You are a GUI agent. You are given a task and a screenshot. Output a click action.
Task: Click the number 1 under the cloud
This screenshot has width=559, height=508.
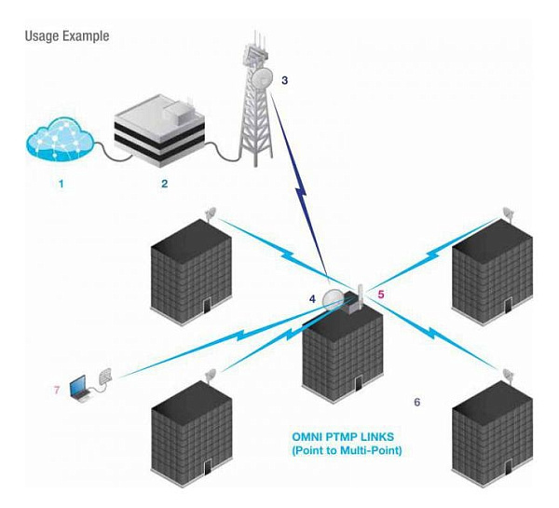coord(61,184)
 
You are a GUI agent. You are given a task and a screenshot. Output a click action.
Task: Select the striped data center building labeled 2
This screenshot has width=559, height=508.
coord(164,131)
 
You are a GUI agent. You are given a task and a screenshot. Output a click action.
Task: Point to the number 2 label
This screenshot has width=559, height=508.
coord(164,184)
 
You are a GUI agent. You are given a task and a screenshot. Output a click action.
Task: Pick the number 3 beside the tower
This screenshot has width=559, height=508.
coord(285,80)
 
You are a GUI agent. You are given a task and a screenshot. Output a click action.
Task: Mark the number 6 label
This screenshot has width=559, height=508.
coord(416,402)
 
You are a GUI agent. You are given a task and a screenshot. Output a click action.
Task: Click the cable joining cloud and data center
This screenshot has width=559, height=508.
coord(103,152)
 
